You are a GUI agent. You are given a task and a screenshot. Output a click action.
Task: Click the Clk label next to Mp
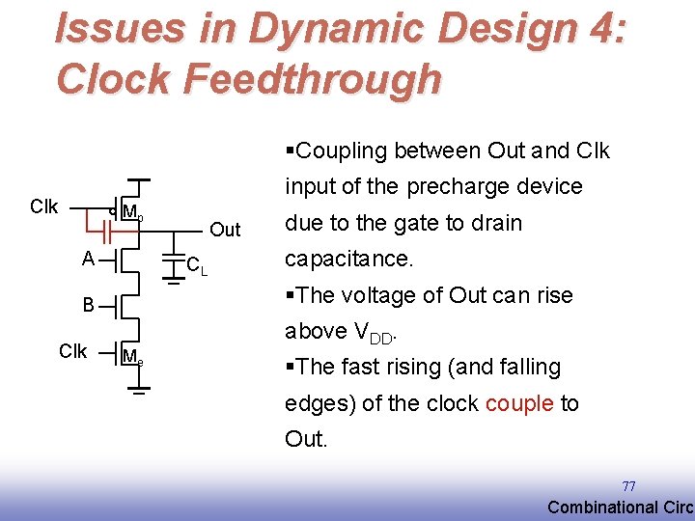44,206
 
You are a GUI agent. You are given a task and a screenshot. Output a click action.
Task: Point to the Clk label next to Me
72,351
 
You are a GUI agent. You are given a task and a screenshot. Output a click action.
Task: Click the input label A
88,259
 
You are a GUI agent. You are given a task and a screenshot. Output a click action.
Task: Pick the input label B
88,306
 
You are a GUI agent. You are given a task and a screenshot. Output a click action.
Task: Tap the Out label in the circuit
225,230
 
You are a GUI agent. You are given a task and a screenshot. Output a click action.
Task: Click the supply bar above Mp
139,180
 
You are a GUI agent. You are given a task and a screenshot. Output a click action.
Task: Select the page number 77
628,486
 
